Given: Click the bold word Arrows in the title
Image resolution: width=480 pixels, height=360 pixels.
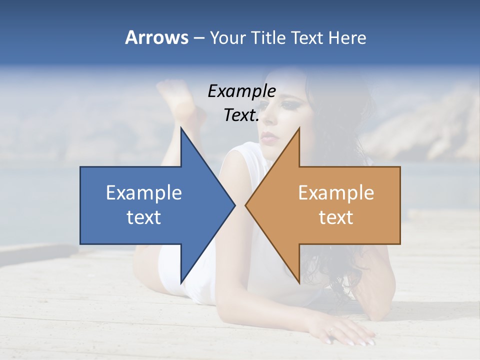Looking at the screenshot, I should (156, 37).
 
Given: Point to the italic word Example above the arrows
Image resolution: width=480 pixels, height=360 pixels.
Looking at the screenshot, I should (241, 91).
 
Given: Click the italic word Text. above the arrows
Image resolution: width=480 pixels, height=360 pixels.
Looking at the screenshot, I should (241, 115).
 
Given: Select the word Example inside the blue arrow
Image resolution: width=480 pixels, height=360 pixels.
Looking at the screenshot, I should (144, 193).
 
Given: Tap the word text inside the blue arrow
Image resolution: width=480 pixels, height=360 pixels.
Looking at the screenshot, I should (144, 217).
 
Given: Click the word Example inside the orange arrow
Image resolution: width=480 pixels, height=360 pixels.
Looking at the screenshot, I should (336, 193).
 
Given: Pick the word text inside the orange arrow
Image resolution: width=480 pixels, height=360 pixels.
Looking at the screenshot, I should (336, 217).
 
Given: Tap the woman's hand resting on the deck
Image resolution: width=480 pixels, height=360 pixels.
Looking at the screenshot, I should (345, 332).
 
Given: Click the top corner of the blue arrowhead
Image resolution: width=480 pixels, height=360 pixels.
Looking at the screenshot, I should (181, 128).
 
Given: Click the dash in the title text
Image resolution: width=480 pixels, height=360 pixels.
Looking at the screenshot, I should (199, 38).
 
